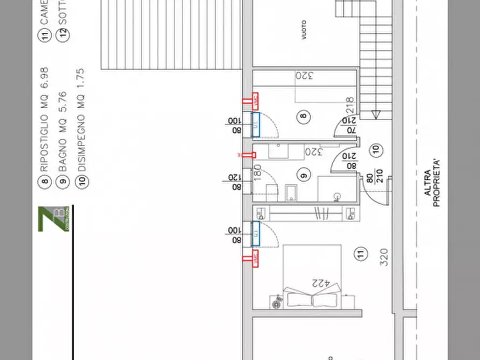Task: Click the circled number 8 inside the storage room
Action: coord(303,116)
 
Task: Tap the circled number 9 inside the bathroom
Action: coord(303,174)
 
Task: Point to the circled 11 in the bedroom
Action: coord(361,254)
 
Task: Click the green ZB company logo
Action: coord(53,219)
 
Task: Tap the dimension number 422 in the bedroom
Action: coord(321,283)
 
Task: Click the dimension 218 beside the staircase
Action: coord(349,103)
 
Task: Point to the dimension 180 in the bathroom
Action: coord(257,174)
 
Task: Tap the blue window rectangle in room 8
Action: coord(256,124)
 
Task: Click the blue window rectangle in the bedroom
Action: coord(256,234)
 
